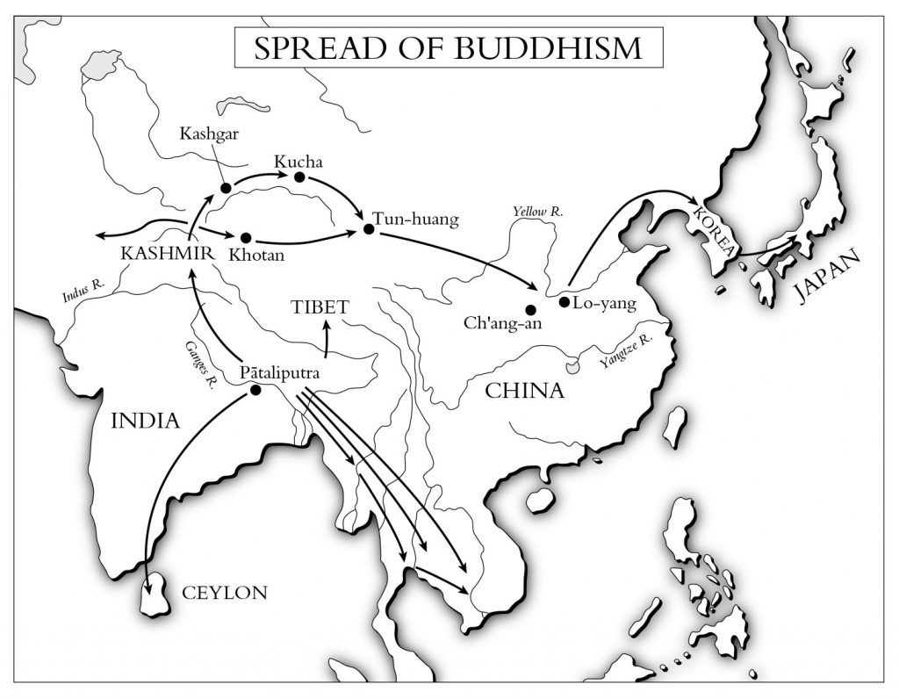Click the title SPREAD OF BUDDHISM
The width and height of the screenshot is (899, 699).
pyautogui.click(x=448, y=48)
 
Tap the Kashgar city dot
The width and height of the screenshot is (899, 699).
pyautogui.click(x=226, y=188)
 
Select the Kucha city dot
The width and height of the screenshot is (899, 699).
pyautogui.click(x=299, y=177)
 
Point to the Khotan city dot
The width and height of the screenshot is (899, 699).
pyautogui.click(x=246, y=237)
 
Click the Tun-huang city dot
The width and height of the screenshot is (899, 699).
pyautogui.click(x=369, y=230)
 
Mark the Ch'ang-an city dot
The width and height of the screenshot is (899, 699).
pyautogui.click(x=530, y=309)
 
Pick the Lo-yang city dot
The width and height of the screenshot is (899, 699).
pyautogui.click(x=564, y=302)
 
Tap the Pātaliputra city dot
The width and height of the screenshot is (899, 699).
pyautogui.click(x=255, y=390)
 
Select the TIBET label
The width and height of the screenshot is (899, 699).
pyautogui.click(x=320, y=307)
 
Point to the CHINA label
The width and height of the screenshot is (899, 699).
pyautogui.click(x=525, y=391)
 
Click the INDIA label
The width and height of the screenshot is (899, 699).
pyautogui.click(x=145, y=422)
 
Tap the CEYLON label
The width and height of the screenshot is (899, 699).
pyautogui.click(x=224, y=594)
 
